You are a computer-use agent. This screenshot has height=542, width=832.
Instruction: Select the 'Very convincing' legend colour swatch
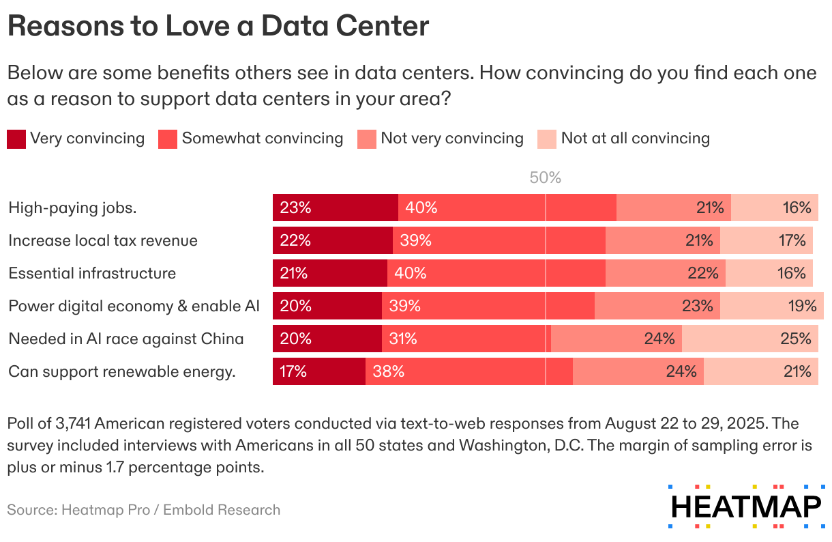pos(16,139)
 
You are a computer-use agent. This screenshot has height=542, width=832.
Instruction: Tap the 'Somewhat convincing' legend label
pos(263,139)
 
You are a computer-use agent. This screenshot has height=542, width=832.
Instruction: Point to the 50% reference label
pos(546,178)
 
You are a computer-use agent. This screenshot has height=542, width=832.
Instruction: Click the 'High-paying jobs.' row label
pos(73,208)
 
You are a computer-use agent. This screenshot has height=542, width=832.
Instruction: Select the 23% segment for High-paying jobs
pos(335,208)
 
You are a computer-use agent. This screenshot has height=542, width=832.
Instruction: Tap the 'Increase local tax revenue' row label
pos(103,240)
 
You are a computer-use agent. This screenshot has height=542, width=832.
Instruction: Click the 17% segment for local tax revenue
pos(766,240)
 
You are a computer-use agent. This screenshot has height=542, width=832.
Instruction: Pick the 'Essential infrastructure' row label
pos(92,273)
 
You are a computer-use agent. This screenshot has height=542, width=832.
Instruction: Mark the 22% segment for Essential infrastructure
pos(665,273)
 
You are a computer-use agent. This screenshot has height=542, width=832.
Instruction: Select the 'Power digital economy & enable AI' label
pos(134,306)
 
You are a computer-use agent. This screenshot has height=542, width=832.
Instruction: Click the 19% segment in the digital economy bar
pos(771,306)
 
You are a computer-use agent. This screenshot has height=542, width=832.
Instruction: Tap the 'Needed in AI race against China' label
pos(126,339)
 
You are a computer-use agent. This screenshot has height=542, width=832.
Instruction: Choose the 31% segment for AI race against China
pos(466,339)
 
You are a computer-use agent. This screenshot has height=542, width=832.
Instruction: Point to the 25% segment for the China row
pos(749,339)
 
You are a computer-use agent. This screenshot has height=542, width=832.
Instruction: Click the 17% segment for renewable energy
pos(318,371)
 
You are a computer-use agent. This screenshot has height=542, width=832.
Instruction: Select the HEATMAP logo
pos(747,507)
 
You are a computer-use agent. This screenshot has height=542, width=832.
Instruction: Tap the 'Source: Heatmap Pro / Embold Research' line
pos(144,510)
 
